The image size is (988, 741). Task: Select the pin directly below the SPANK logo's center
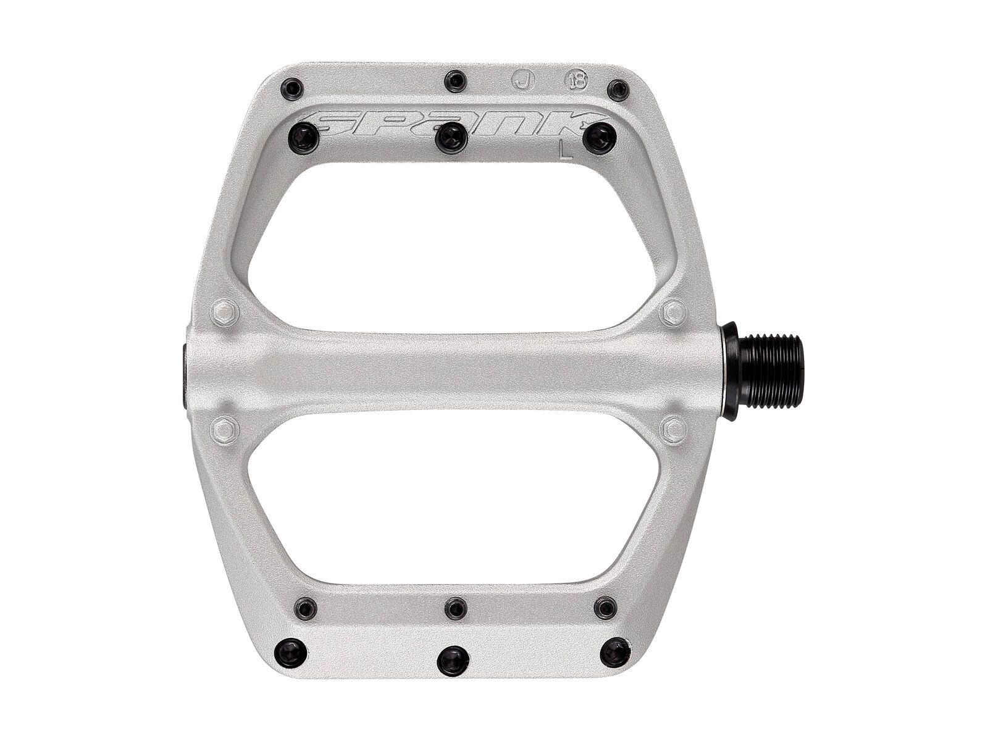[451, 136]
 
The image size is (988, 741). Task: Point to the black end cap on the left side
[186, 370]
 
